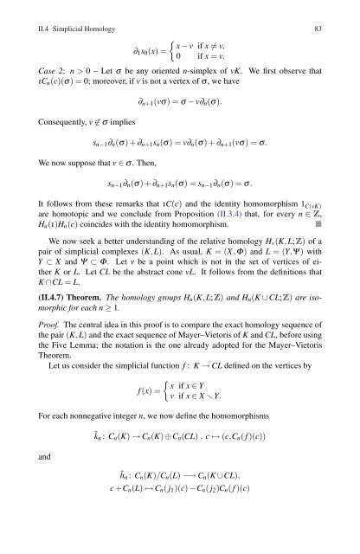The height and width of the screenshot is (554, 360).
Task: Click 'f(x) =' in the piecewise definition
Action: point(137,430)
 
